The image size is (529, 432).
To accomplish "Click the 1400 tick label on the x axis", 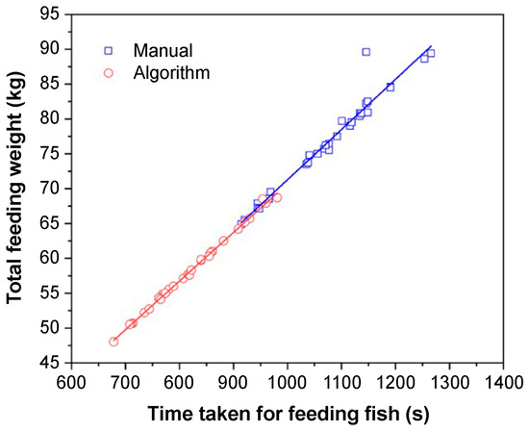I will (x=502, y=383).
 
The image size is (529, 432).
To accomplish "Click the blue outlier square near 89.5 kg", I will (x=365, y=52).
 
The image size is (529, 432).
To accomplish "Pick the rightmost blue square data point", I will (x=430, y=53).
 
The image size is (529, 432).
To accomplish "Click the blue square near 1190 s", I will (x=390, y=87).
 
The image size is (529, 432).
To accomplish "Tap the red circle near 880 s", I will (x=223, y=241).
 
